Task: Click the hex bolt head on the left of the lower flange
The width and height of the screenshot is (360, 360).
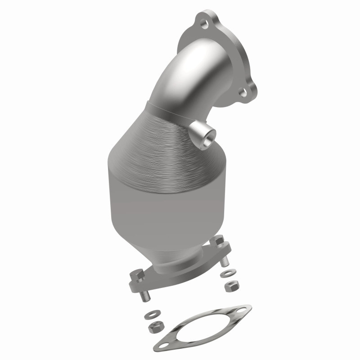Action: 137,274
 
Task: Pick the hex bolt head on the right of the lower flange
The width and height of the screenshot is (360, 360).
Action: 218,242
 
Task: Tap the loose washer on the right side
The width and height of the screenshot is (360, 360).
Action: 224,274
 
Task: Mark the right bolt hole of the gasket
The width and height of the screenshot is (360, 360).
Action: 243,311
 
